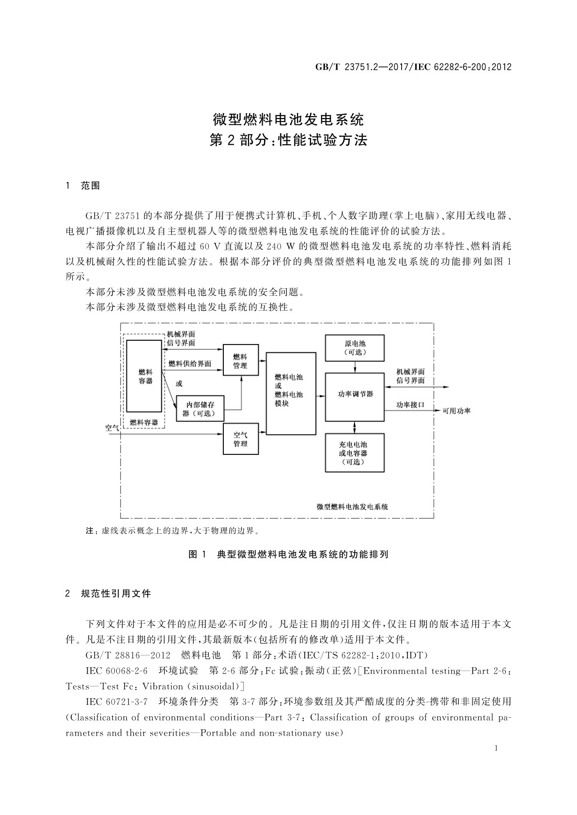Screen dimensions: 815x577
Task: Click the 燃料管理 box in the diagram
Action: tap(240, 360)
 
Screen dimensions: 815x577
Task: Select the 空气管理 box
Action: tap(240, 438)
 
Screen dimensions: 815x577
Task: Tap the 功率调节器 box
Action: tap(355, 397)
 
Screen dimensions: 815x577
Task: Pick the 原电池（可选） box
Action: tap(355, 347)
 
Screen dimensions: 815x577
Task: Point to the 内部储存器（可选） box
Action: tap(201, 408)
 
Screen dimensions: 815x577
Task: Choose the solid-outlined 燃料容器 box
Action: tap(144, 376)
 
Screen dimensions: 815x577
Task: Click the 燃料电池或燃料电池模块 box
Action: tap(291, 393)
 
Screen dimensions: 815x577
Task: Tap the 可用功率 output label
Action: tap(456, 411)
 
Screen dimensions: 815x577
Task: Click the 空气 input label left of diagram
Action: tap(112, 427)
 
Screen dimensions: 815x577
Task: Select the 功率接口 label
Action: tap(410, 404)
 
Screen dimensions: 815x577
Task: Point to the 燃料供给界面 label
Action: tap(189, 363)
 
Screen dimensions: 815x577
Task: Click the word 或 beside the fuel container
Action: tap(179, 384)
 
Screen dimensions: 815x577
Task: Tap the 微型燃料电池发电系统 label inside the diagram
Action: tap(352, 507)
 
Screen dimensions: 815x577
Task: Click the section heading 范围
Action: tap(90, 185)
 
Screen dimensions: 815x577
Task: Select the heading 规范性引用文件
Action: tap(116, 593)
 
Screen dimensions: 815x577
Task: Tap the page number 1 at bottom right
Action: tap(496, 748)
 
